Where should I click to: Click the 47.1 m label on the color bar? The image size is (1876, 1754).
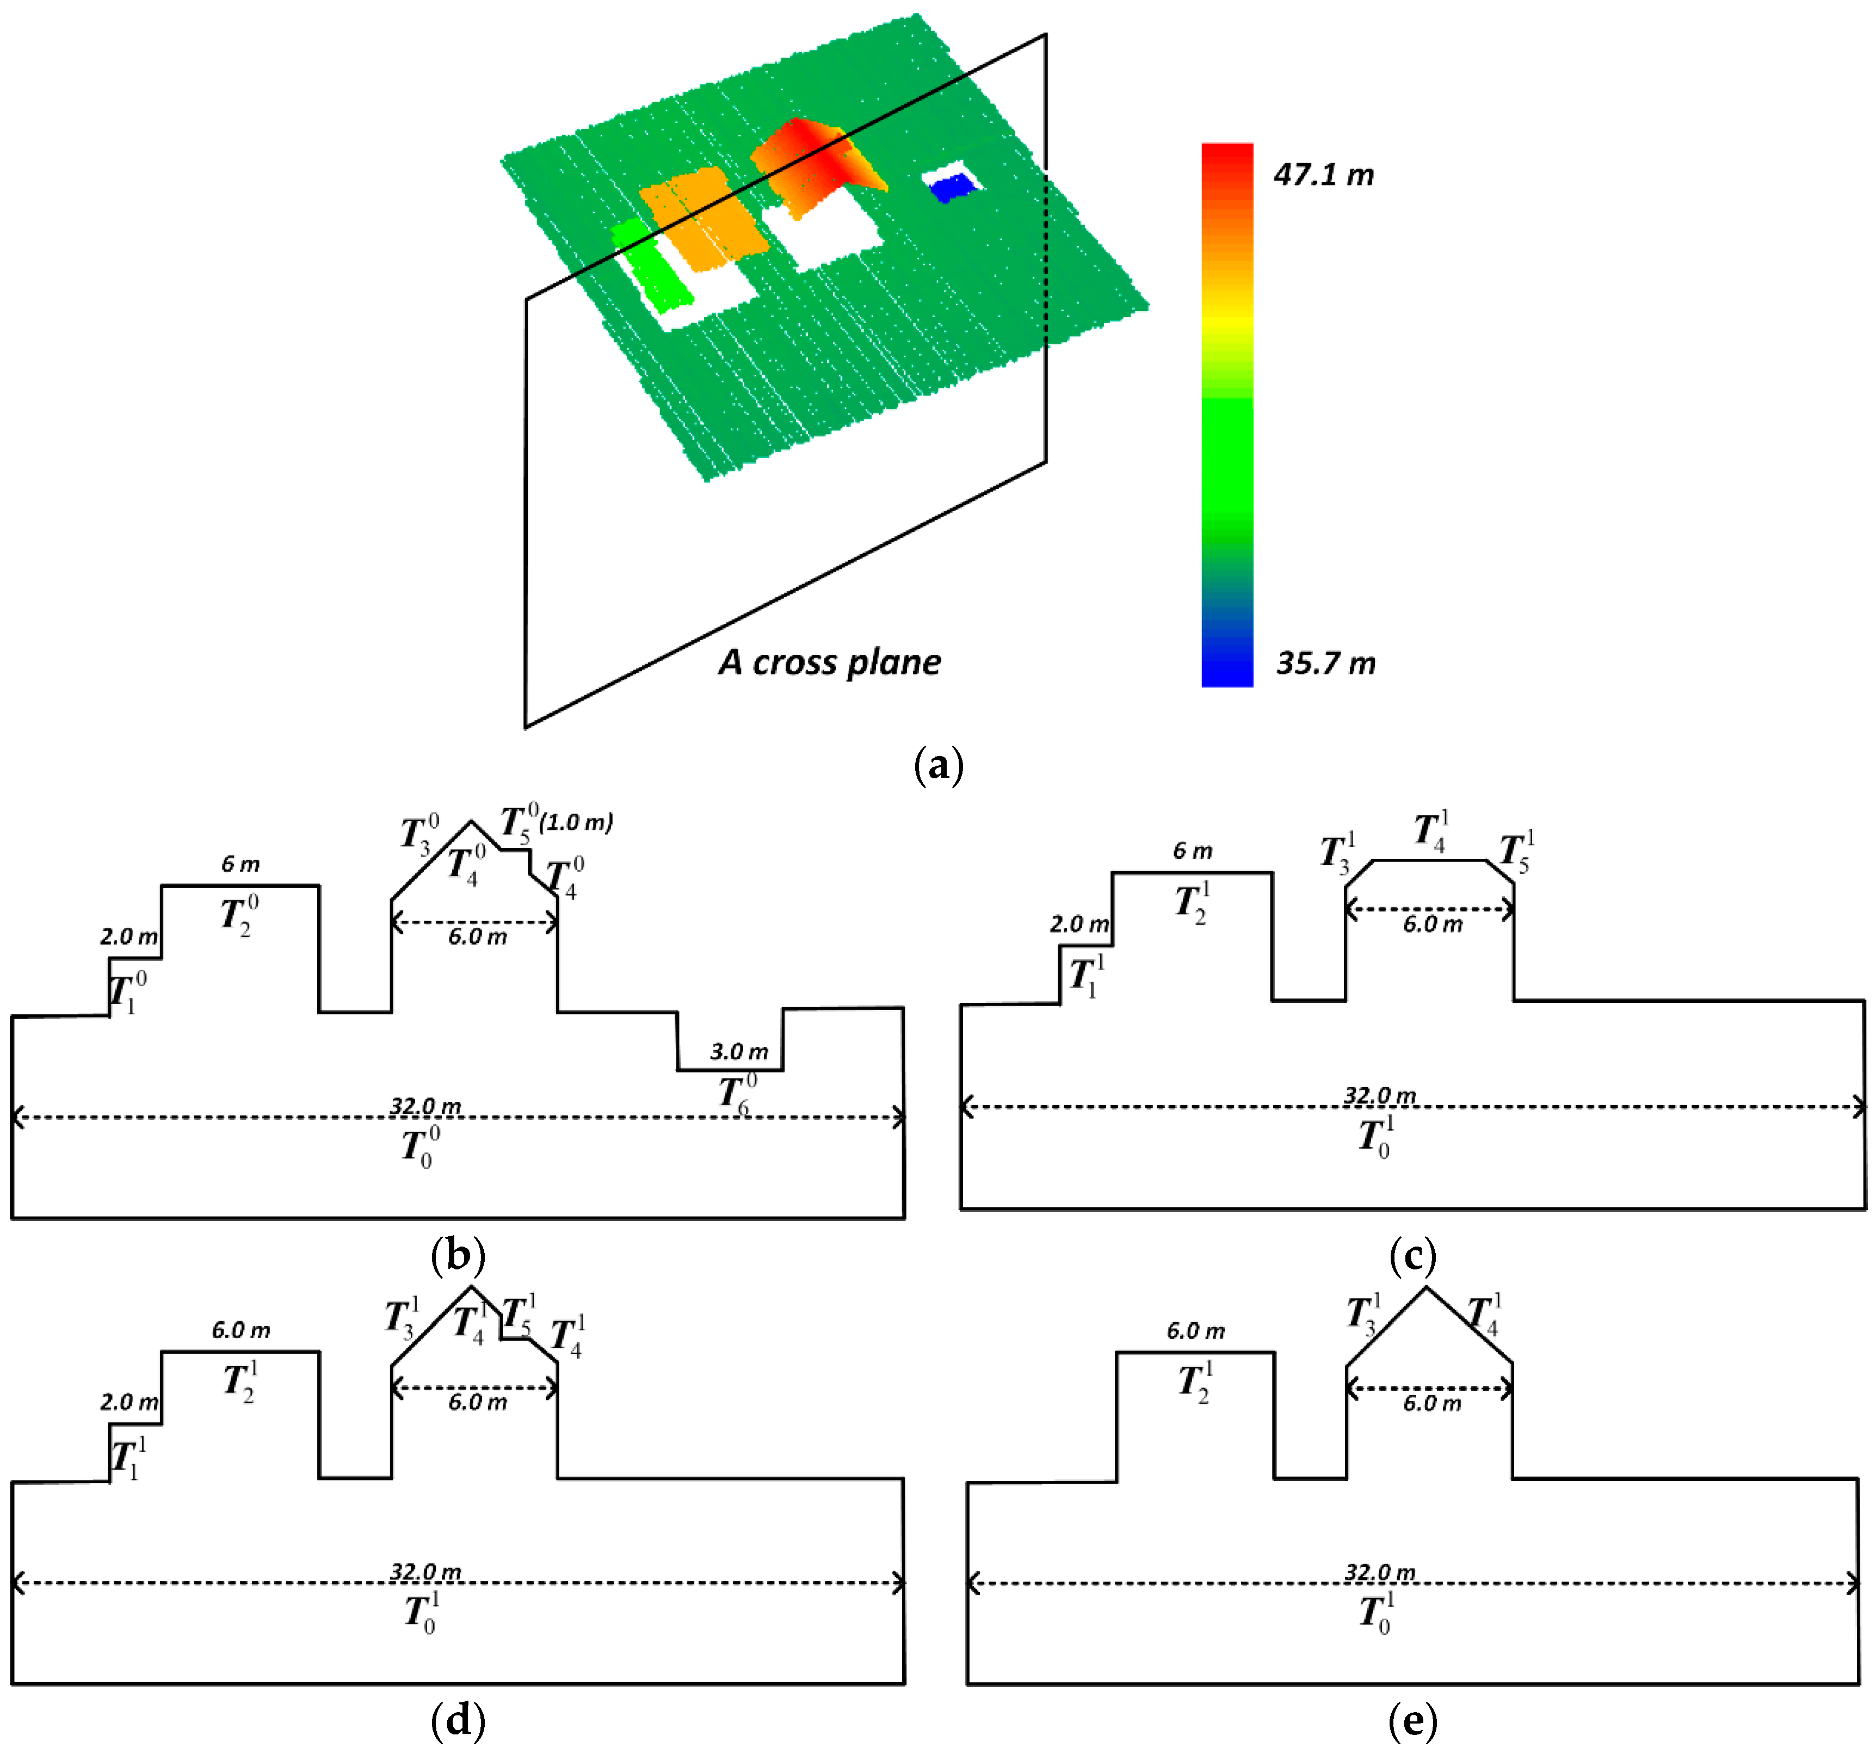(x=1323, y=175)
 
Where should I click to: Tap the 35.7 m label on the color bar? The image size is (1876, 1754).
(x=1325, y=664)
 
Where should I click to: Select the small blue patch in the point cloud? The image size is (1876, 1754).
(x=951, y=188)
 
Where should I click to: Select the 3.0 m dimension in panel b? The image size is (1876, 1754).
(x=739, y=1051)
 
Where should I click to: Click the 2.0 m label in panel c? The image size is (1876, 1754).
(x=1078, y=924)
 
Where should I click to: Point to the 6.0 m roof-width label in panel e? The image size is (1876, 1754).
(x=1431, y=1403)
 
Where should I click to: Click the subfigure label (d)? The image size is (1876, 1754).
(x=458, y=1720)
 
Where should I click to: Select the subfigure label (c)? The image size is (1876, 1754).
(x=1412, y=1256)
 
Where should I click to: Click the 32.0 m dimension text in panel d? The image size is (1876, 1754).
(x=425, y=1571)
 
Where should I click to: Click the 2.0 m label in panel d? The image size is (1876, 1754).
(x=129, y=1402)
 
